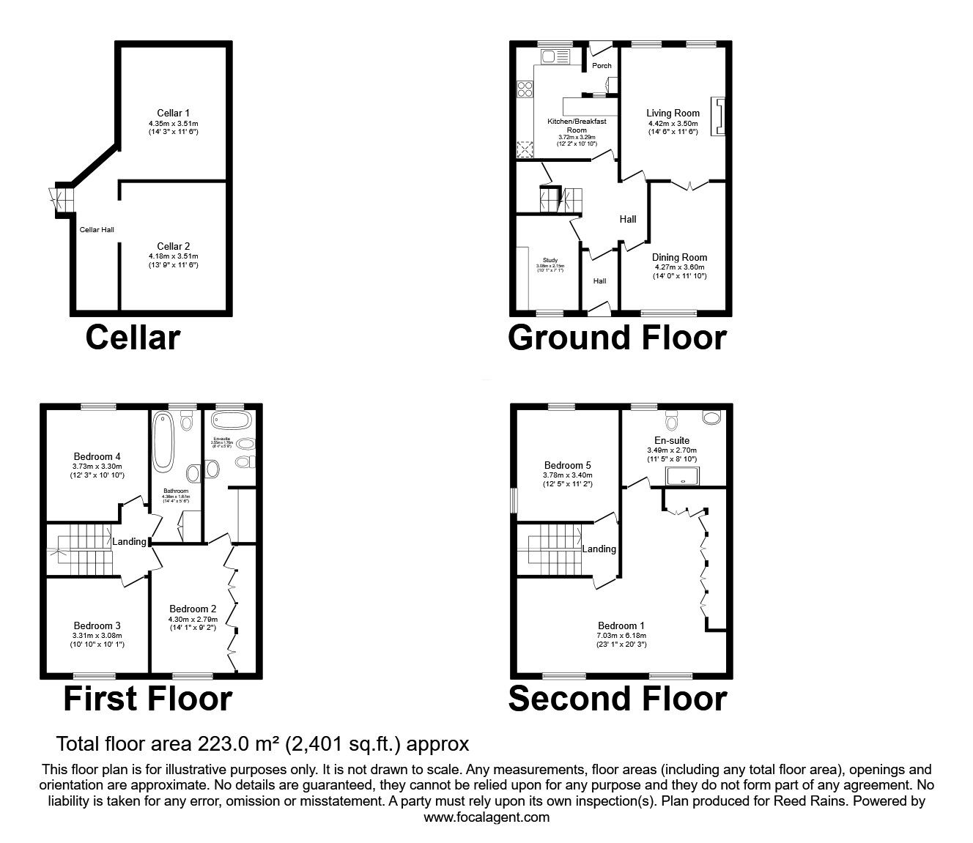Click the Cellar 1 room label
pyautogui.click(x=174, y=114)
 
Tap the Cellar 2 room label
pyautogui.click(x=174, y=247)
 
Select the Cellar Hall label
pyautogui.click(x=97, y=230)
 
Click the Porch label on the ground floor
pyautogui.click(x=602, y=66)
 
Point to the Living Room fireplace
pyautogui.click(x=719, y=116)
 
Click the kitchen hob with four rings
pyautogui.click(x=525, y=89)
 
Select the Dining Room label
pyautogui.click(x=680, y=258)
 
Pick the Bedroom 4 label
pyautogui.click(x=97, y=457)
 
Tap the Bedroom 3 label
pyautogui.click(x=97, y=625)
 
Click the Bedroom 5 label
pyautogui.click(x=567, y=465)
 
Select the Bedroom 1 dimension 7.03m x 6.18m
pyautogui.click(x=621, y=636)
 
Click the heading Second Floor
pyautogui.click(x=617, y=699)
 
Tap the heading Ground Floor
pyautogui.click(x=617, y=338)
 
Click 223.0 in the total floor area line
pyautogui.click(x=218, y=744)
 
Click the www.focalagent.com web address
pyautogui.click(x=486, y=817)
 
